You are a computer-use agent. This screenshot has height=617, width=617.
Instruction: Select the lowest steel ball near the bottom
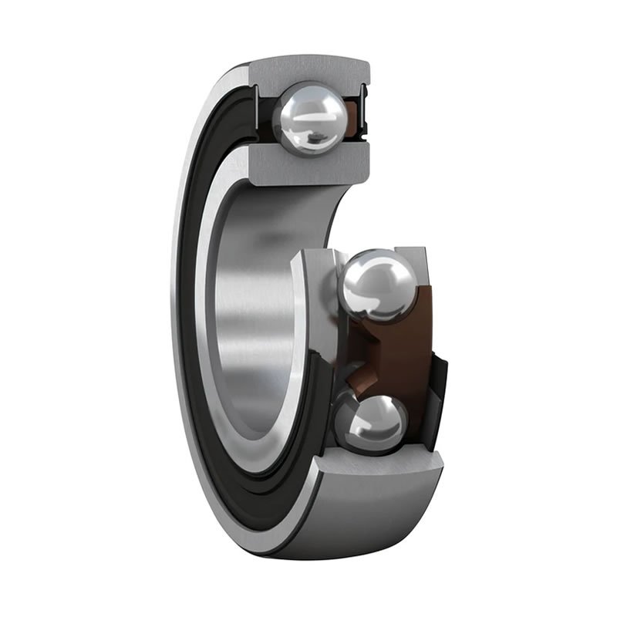(x=376, y=421)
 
